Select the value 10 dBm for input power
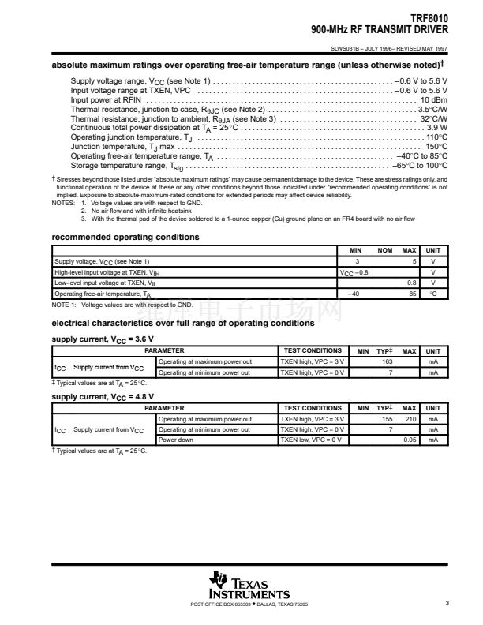pos(433,100)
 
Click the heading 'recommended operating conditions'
pos(125,238)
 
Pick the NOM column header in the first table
pos(385,250)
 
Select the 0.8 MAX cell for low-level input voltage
pos(411,282)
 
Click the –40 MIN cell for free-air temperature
pos(354,293)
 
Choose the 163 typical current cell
pos(387,361)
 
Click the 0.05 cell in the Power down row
pos(410,440)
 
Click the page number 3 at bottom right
pos(446,604)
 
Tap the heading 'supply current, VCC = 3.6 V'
pos(103,339)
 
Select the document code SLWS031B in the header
pos(346,47)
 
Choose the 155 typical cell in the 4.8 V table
pos(387,419)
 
